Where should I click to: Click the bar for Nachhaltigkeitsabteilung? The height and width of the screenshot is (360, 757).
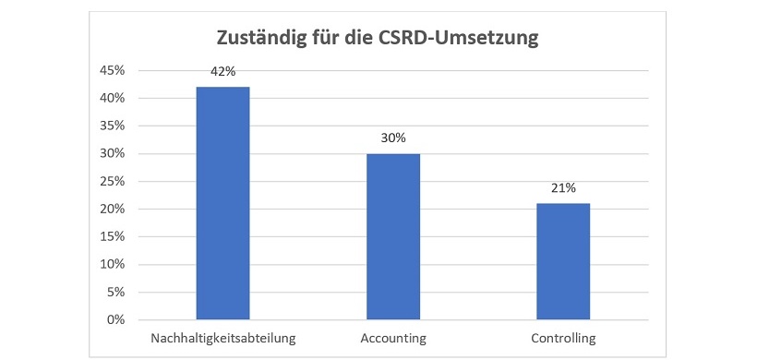pos(222,203)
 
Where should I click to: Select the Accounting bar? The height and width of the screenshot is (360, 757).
pos(392,236)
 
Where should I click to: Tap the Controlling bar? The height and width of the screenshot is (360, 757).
pos(562,261)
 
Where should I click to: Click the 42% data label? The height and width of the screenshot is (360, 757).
pos(222,71)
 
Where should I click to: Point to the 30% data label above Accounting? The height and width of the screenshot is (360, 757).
pos(392,138)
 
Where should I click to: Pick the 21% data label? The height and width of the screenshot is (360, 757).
pos(562,187)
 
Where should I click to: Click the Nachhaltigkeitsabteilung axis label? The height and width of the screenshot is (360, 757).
pos(222,338)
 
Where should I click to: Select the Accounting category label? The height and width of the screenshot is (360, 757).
pos(392,338)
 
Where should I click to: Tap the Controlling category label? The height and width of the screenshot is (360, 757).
pos(563,338)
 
